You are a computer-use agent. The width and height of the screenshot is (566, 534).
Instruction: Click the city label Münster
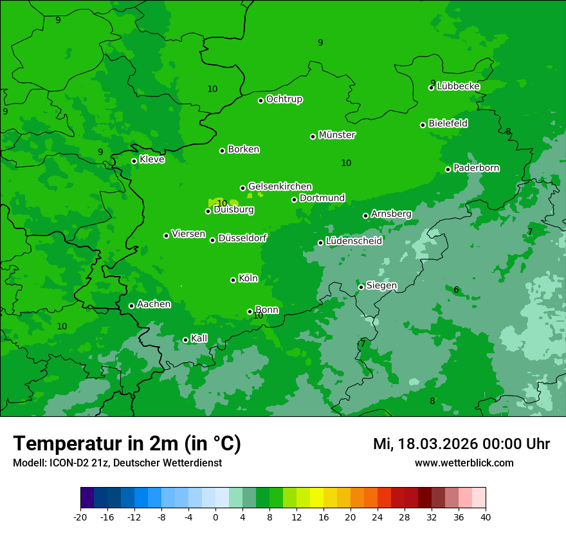337,135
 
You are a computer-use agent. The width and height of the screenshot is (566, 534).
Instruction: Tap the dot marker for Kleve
134,161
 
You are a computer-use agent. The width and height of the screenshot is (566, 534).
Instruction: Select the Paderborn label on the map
476,168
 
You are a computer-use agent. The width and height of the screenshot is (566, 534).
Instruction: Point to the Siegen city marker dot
361,287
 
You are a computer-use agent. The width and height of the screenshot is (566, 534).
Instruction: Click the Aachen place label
154,304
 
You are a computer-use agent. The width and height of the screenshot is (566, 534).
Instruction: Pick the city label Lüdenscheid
354,241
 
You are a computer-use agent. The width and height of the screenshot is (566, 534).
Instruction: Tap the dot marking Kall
185,340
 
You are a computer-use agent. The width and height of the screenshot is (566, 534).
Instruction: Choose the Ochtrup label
284,99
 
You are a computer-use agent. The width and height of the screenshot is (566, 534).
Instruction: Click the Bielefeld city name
448,124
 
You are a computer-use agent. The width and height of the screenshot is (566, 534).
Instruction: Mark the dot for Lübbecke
431,87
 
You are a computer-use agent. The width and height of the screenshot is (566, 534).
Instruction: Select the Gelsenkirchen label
280,187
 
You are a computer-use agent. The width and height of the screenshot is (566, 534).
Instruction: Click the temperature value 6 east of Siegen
456,290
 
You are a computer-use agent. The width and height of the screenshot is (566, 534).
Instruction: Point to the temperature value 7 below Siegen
362,344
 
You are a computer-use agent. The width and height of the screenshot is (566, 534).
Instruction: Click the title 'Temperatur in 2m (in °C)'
127,443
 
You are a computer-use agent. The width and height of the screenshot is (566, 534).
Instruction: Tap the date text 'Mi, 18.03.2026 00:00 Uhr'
461,444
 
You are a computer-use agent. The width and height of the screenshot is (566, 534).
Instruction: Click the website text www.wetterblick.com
464,463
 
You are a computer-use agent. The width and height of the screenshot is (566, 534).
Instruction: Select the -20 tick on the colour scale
80,517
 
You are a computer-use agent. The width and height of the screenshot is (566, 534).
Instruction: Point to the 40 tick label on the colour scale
485,517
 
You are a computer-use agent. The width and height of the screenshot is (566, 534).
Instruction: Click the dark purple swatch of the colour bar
87,498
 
